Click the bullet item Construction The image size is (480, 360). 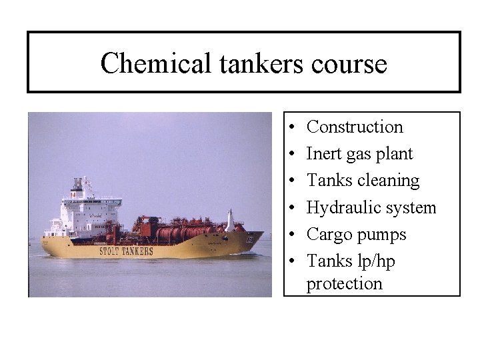[355, 127]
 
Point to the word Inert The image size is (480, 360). [324, 154]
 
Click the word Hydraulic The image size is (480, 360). [343, 208]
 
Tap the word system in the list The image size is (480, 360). [411, 208]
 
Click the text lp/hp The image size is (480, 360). [375, 262]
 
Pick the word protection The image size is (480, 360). [345, 283]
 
